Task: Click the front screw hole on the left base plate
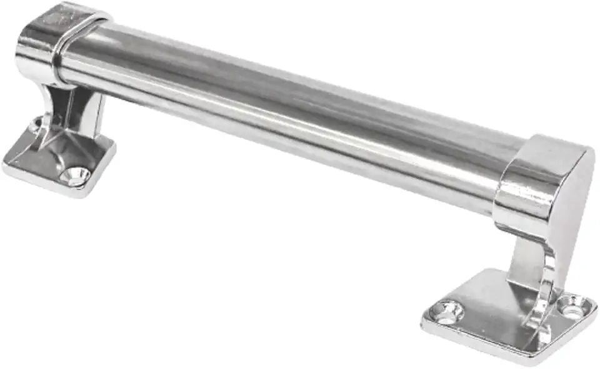76,175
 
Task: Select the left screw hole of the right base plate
448,310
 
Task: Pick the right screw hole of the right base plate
570,306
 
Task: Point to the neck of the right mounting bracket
531,262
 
